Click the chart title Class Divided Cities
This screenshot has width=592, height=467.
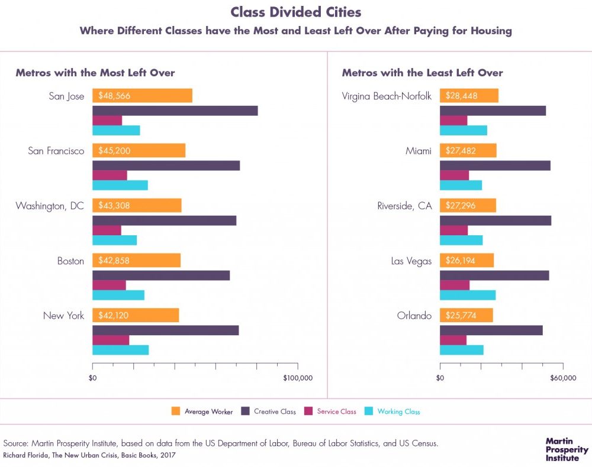(x=296, y=12)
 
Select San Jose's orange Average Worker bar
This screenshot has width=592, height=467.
(x=142, y=96)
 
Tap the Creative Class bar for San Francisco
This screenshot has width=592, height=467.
(x=166, y=166)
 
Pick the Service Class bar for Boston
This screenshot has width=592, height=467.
(x=110, y=285)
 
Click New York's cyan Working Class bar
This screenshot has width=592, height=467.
(x=121, y=350)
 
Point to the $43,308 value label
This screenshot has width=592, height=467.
(x=114, y=206)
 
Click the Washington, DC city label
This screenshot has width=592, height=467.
(x=50, y=206)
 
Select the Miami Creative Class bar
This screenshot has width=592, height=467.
(x=495, y=166)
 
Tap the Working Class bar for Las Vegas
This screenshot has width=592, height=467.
(x=468, y=295)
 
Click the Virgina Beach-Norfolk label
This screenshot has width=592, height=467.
(x=387, y=96)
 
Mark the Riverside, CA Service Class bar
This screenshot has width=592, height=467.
(x=454, y=231)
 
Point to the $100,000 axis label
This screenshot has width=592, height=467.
(x=297, y=378)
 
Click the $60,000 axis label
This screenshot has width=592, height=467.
(x=562, y=378)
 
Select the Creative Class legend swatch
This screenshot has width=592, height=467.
(x=244, y=411)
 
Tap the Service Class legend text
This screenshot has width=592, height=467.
(x=336, y=411)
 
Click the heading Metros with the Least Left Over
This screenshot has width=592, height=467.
(x=422, y=73)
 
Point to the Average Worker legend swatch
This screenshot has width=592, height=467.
(x=175, y=411)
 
